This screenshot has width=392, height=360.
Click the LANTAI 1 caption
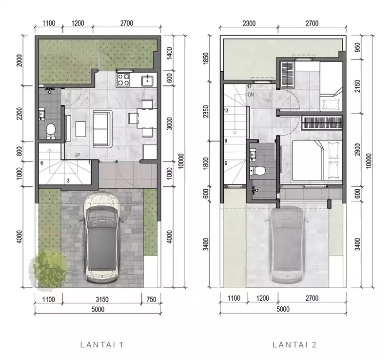(102, 345)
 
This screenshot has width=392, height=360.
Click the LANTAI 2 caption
(294, 345)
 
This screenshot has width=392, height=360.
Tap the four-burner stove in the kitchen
(123, 80)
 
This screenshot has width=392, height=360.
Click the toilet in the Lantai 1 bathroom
(51, 131)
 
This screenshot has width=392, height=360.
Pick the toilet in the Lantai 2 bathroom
(257, 171)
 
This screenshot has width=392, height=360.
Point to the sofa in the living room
(102, 129)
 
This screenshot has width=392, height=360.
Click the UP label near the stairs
(77, 155)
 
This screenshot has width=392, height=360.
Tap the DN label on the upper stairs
(251, 95)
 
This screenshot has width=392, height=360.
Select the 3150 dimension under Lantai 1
(102, 299)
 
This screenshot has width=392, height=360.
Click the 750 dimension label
(151, 299)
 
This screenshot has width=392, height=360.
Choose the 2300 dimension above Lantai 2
(249, 23)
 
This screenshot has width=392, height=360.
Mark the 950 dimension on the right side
(358, 47)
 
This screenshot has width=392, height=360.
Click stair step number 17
(249, 86)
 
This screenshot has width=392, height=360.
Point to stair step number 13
(226, 111)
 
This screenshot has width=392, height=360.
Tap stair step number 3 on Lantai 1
(68, 180)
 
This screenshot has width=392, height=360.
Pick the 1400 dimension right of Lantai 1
(169, 53)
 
